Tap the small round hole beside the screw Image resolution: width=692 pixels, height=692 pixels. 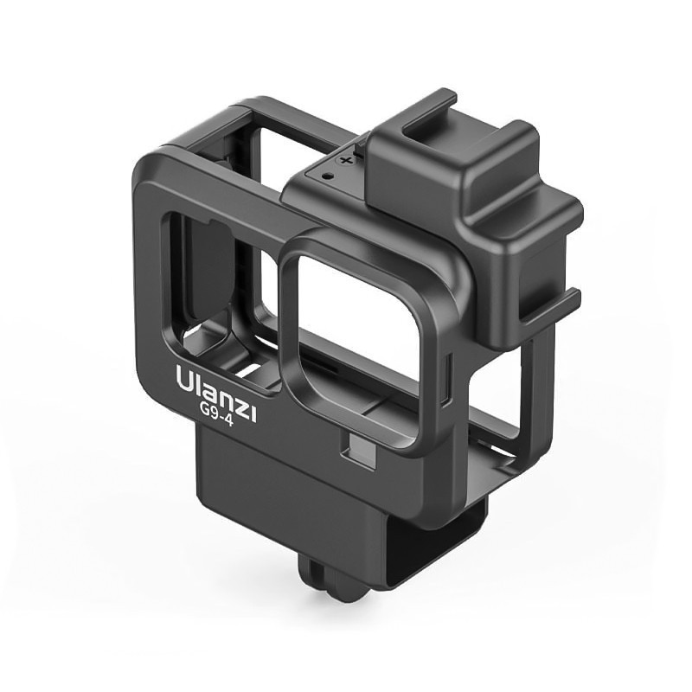[327, 176]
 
